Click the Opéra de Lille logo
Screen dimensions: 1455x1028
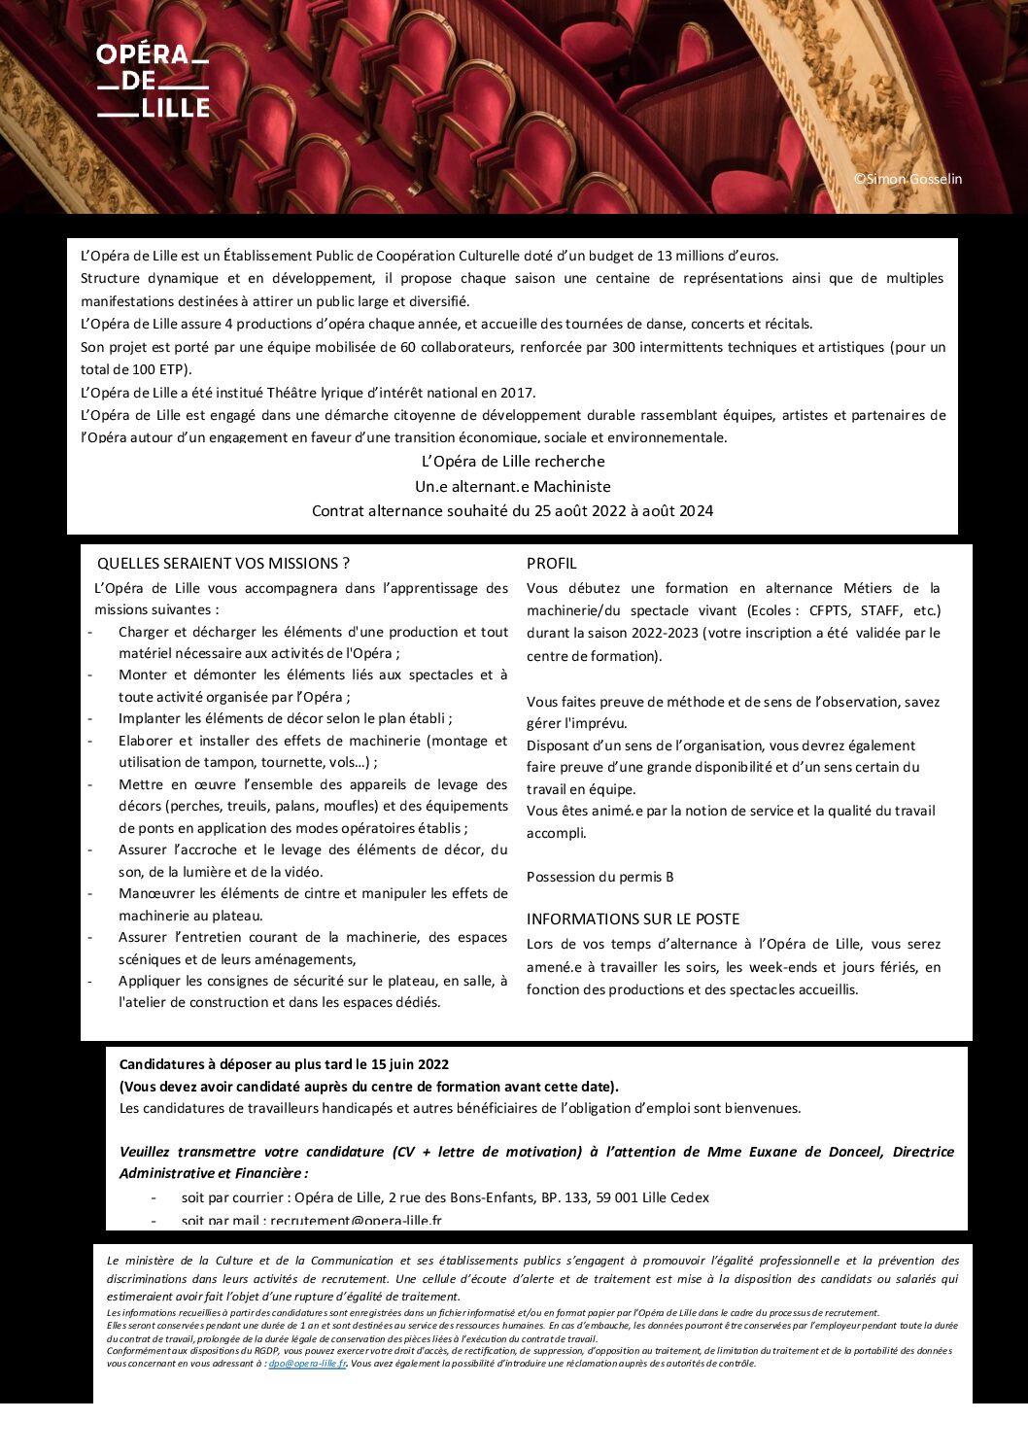pos(153,82)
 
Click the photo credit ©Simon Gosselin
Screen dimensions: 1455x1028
pos(908,179)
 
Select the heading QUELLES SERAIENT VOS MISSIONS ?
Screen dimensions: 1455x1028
pos(223,564)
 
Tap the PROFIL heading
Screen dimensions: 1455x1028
pos(551,564)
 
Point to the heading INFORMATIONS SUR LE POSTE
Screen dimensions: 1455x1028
pos(633,919)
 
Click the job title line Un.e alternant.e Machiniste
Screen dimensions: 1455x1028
pos(512,486)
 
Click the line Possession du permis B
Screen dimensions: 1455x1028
pos(600,877)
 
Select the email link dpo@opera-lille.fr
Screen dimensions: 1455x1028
pos(307,1364)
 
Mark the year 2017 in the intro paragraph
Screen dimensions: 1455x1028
pos(518,393)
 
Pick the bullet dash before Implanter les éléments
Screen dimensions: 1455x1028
pos(90,719)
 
